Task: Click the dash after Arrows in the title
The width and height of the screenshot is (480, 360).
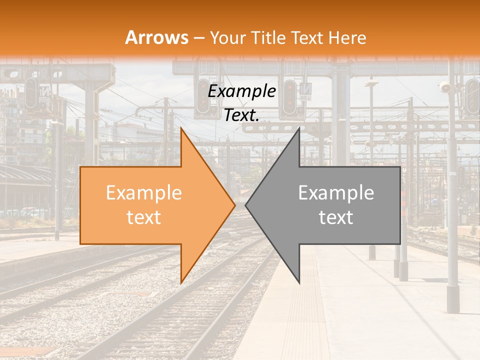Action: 199,38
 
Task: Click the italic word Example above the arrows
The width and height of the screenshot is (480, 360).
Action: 242,91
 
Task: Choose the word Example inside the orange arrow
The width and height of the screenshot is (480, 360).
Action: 144,193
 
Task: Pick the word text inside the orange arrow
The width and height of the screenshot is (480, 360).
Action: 144,217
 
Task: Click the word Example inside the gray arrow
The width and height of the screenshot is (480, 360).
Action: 336,193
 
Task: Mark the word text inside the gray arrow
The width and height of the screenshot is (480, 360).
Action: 336,217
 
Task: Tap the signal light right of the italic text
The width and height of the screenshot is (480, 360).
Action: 289,97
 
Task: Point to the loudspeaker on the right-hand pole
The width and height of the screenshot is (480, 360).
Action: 444,88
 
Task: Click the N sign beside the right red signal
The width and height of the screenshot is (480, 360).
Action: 305,90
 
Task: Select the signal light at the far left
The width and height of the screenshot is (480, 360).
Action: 31,93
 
